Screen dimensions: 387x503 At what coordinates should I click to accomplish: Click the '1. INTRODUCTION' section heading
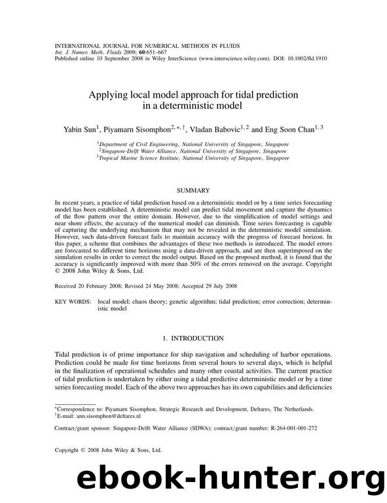click(x=193, y=338)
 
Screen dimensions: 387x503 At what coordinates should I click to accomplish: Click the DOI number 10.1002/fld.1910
click(x=304, y=58)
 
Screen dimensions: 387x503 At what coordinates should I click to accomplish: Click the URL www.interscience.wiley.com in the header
click(x=216, y=58)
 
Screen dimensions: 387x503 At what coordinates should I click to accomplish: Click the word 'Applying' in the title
click(x=110, y=95)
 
